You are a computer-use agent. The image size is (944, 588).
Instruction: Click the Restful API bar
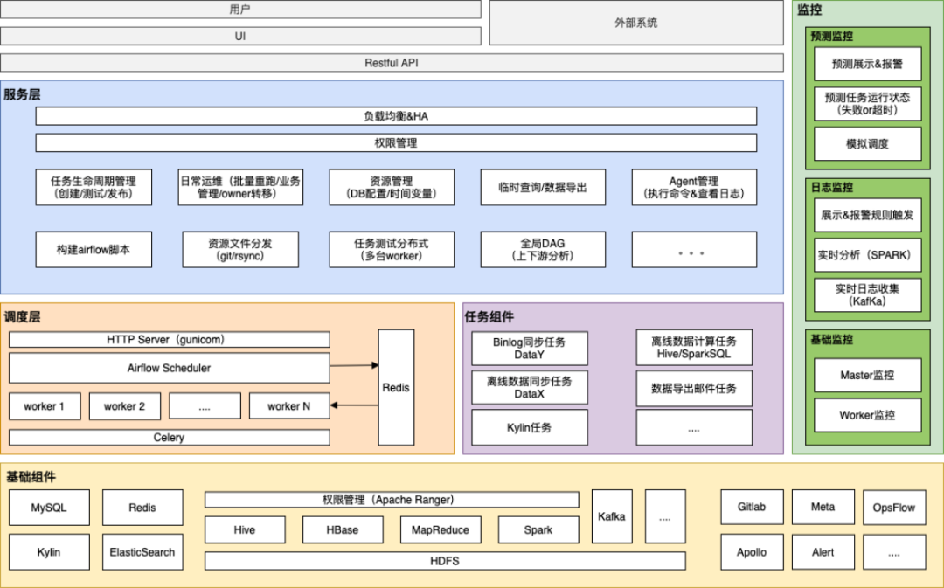point(392,63)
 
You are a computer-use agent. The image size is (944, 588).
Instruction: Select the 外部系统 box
point(635,23)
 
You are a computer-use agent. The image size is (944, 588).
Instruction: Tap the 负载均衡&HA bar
point(396,116)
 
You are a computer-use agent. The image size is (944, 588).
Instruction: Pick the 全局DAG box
point(543,249)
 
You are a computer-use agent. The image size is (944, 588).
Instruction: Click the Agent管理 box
point(694,187)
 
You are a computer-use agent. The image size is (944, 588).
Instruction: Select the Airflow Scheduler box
point(169,368)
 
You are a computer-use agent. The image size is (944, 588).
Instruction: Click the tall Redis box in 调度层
point(396,387)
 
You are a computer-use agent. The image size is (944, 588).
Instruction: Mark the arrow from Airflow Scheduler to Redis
point(354,366)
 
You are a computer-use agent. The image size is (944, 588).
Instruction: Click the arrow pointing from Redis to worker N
point(354,405)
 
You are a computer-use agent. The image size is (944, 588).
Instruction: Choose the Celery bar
point(169,437)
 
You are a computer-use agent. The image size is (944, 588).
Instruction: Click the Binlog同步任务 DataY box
point(530,349)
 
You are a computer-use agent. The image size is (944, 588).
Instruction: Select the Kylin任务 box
point(530,427)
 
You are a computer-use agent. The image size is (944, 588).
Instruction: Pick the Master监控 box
point(867,375)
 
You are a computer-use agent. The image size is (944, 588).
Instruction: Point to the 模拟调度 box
point(867,144)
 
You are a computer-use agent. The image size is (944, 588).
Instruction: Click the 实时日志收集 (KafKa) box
point(867,295)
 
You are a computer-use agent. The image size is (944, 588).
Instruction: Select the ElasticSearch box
point(142,552)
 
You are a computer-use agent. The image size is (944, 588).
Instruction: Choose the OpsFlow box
point(893,507)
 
